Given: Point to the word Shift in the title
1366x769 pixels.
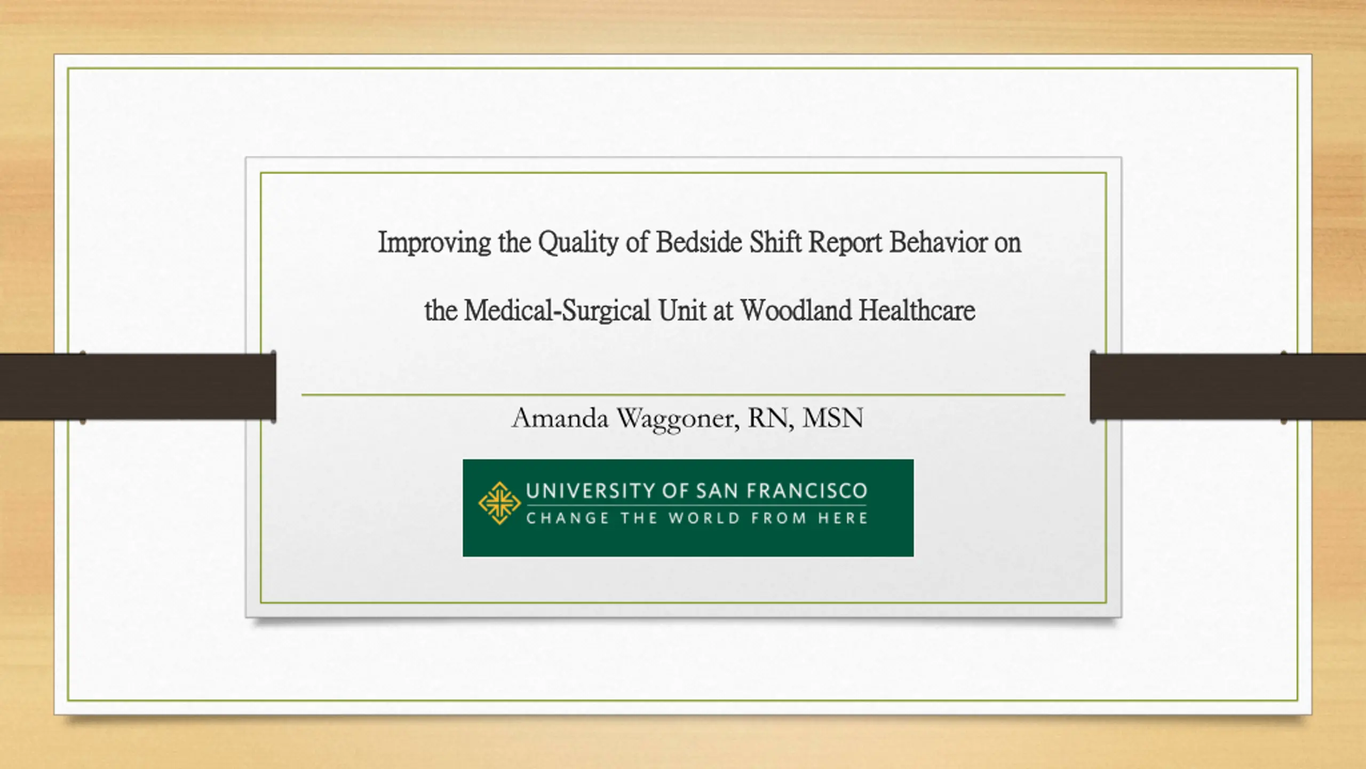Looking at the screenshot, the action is coord(775,242).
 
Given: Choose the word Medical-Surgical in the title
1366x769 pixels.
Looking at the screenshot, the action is coord(557,311).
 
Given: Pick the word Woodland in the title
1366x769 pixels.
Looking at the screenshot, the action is coord(795,310).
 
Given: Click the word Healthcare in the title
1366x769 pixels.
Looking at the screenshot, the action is coord(917,310).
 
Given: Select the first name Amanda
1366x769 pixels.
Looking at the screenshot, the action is coord(560,418).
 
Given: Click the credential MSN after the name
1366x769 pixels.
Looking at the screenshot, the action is coord(833,418).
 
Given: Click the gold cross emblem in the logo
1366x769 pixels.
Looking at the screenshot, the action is coord(499,503).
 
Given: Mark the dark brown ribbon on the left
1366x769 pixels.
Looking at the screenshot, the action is coord(138,387).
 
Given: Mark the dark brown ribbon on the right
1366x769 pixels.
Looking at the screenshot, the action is coord(1228,387).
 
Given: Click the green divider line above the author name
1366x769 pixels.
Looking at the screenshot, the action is coord(683,395).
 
